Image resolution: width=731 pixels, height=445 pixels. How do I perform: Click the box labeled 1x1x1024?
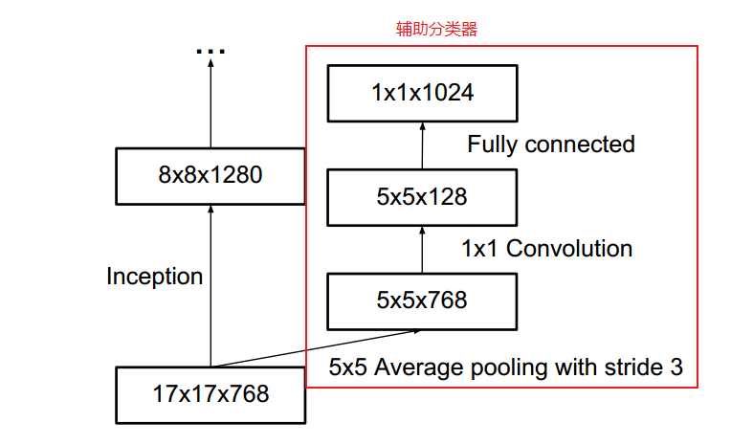422,93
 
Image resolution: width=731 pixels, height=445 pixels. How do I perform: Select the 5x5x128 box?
422,197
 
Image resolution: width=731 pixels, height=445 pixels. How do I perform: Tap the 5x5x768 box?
422,300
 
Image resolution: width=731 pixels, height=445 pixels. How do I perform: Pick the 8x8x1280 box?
210,175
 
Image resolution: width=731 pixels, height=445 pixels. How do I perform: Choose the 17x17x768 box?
210,393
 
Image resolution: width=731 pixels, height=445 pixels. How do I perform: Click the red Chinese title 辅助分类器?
436,30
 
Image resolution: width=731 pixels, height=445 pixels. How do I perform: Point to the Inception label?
154,277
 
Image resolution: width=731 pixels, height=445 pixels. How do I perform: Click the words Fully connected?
550,145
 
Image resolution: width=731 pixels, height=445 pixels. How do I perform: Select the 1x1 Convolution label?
546,249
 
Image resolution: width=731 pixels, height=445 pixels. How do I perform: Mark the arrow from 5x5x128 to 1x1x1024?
422,145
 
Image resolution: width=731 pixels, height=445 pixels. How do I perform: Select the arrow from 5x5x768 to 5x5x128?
422,249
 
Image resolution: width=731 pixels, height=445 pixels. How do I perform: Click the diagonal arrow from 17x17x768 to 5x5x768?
316,348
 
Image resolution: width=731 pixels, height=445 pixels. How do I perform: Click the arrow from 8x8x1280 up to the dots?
210,105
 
